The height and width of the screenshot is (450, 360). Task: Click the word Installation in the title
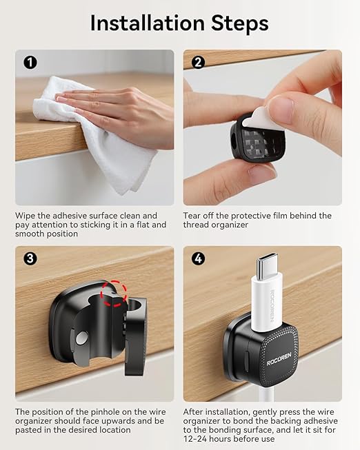click(148, 23)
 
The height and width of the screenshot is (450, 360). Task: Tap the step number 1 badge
click(30, 62)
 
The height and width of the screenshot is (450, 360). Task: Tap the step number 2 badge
click(198, 62)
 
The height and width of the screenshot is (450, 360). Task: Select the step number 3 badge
click(30, 258)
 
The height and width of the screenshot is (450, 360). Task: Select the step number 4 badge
click(198, 258)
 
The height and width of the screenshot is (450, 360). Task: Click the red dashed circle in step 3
click(114, 294)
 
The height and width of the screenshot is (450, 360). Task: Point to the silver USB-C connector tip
click(266, 266)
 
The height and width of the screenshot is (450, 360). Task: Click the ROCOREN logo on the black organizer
click(279, 359)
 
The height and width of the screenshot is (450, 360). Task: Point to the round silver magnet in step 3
click(82, 338)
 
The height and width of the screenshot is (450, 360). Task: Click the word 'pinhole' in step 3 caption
click(106, 412)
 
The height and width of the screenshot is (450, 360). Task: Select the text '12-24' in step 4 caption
click(195, 439)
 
